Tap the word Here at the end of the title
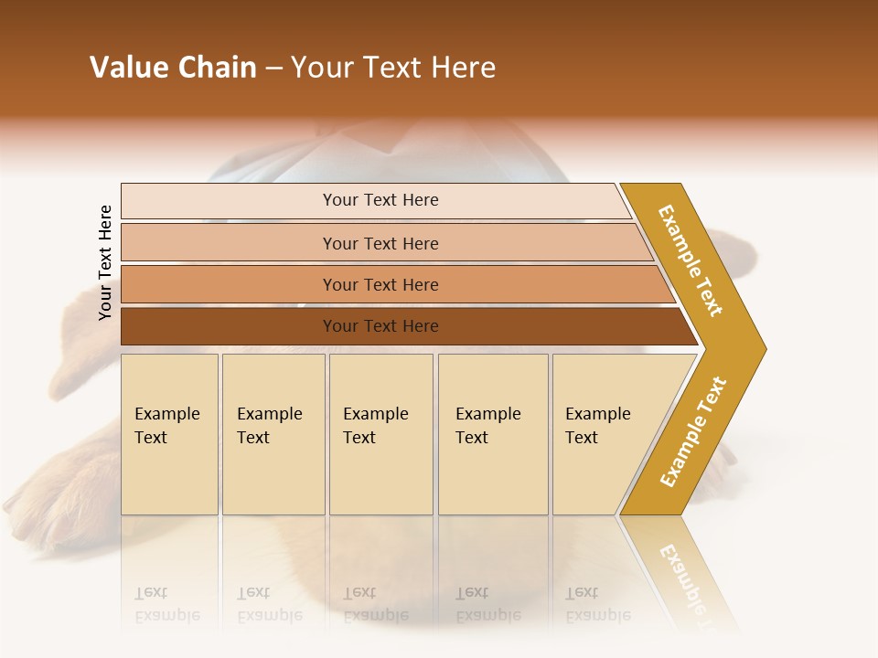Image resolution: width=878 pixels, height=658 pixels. pyautogui.click(x=463, y=68)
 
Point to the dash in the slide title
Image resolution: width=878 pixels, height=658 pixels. pyautogui.click(x=273, y=69)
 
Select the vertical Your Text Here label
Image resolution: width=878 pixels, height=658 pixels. pyautogui.click(x=105, y=262)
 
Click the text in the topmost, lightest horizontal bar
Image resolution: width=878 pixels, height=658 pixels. pyautogui.click(x=380, y=200)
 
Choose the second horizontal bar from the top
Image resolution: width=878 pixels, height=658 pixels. pyautogui.click(x=380, y=243)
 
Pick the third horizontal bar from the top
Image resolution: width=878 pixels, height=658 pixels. pyautogui.click(x=380, y=284)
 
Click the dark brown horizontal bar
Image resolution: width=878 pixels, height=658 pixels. pyautogui.click(x=380, y=326)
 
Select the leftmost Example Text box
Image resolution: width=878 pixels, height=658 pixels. pyautogui.click(x=169, y=434)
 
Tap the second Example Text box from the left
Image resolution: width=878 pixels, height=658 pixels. pyautogui.click(x=273, y=434)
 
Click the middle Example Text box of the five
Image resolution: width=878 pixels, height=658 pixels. pyautogui.click(x=380, y=434)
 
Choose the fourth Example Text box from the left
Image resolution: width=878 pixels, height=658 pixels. pyautogui.click(x=492, y=434)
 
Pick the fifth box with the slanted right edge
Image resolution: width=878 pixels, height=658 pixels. pyautogui.click(x=604, y=434)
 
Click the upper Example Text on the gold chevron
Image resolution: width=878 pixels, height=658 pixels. pyautogui.click(x=691, y=260)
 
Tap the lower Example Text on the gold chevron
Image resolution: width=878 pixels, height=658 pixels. pyautogui.click(x=692, y=431)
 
